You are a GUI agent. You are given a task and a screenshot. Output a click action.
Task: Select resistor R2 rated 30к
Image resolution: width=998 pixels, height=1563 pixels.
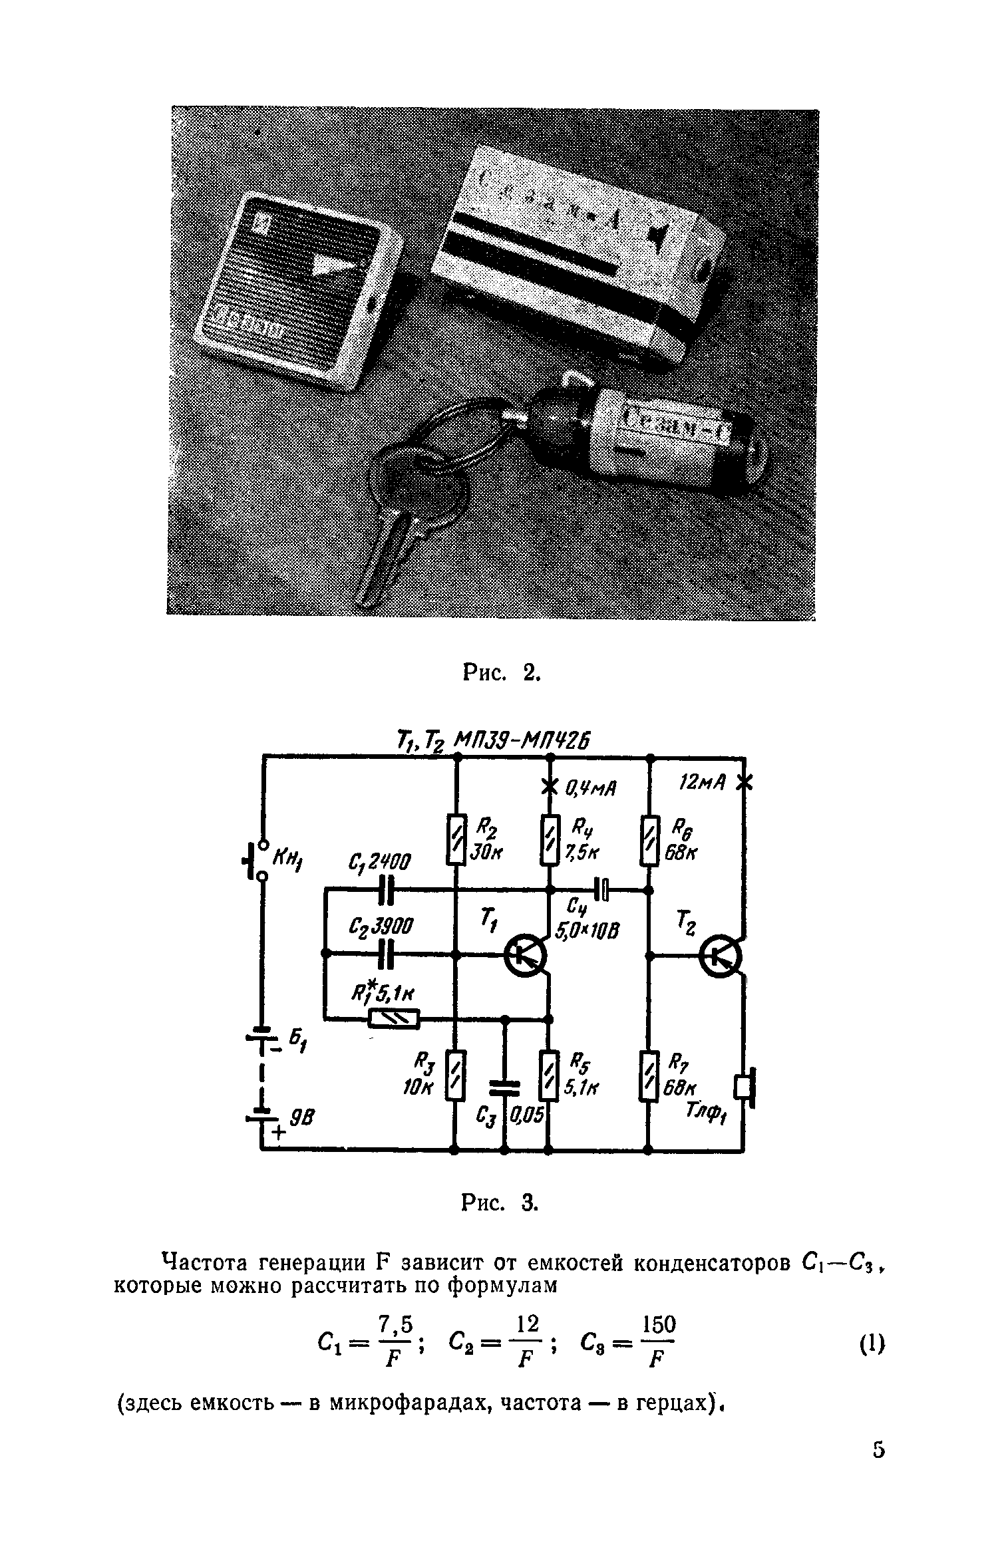coord(456,839)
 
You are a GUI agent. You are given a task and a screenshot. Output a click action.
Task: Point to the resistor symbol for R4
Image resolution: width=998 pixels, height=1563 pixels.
coord(549,839)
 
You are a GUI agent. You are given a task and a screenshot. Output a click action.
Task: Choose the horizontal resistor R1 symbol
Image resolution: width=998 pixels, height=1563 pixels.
coord(394,1018)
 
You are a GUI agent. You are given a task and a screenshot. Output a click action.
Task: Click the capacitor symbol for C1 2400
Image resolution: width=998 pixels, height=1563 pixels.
coord(387,889)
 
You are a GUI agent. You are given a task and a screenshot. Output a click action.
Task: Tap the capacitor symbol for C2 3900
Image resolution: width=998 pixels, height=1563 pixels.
coord(387,954)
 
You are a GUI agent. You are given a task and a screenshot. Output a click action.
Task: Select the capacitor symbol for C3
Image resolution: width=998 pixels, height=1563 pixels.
coord(504,1085)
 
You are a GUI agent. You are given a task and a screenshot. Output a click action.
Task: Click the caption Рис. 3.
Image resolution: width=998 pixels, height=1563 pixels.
coord(499,1203)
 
